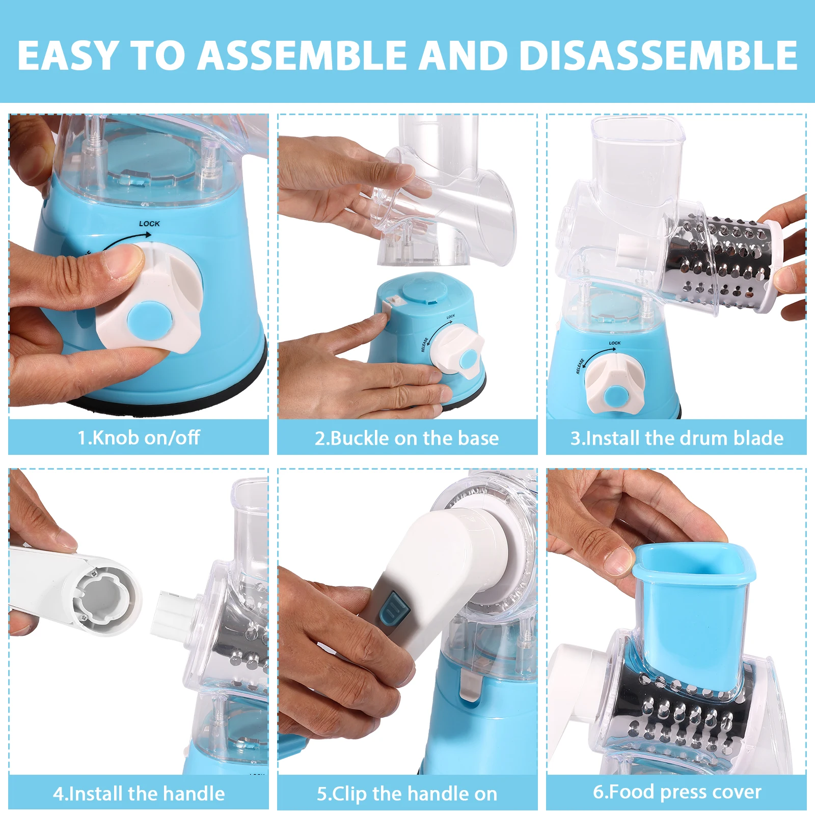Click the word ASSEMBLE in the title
302,55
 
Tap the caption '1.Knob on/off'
139,438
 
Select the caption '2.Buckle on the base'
406,438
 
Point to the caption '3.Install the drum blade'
676,438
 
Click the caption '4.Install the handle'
139,794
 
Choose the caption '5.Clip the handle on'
406,794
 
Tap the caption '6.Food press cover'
676,792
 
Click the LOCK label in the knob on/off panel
149,224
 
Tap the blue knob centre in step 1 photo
150,321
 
